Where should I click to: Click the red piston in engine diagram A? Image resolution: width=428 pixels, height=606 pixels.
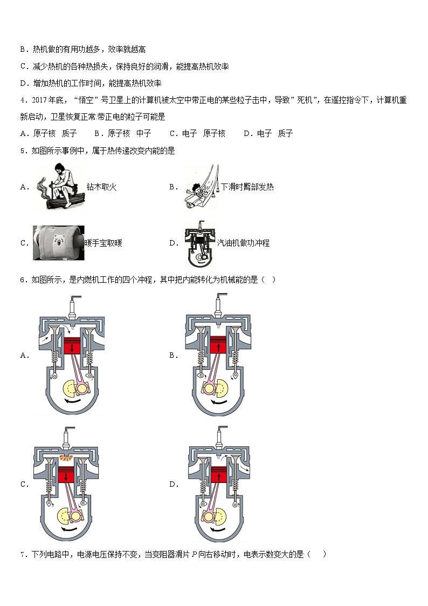72,345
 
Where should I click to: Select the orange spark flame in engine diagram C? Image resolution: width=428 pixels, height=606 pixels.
68,458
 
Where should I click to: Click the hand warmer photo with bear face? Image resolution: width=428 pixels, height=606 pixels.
57,243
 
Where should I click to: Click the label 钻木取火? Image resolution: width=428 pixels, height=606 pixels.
101,187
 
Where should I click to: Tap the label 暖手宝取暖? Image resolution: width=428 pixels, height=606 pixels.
103,243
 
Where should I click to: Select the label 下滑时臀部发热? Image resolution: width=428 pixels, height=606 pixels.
247,187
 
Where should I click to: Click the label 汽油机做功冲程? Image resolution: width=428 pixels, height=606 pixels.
243,243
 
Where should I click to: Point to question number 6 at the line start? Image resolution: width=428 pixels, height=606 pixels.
23,280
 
